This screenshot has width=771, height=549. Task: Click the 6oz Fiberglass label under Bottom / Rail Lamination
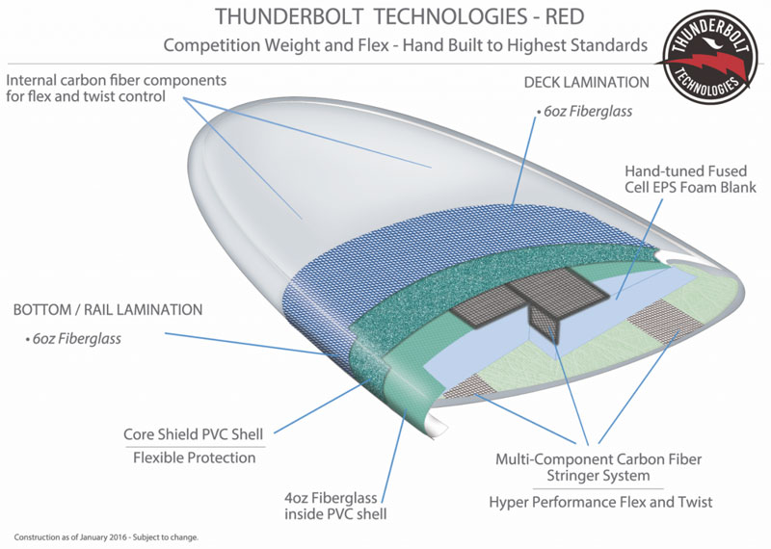73,338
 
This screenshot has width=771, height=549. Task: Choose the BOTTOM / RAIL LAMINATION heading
107,310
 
